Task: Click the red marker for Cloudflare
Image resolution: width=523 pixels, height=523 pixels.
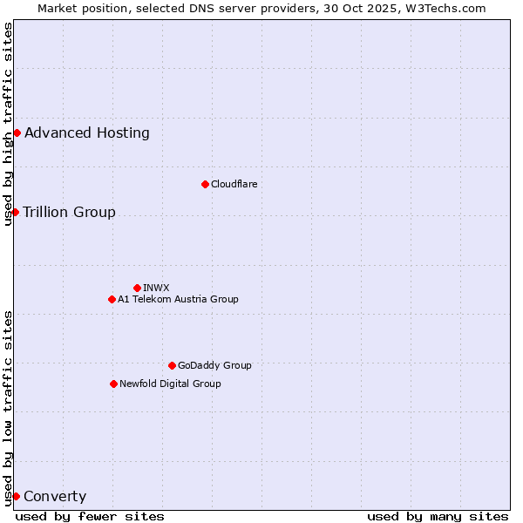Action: coord(205,184)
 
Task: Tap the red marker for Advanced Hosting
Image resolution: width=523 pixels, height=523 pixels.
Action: coord(17,132)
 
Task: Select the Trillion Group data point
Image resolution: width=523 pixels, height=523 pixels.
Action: coord(15,212)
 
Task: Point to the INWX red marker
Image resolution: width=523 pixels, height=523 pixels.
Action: coord(137,288)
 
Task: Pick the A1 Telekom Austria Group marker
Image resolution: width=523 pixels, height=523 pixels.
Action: coord(112,299)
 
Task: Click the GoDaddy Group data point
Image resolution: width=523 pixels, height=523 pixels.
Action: coord(172,365)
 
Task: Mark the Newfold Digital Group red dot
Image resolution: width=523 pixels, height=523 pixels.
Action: coord(113,384)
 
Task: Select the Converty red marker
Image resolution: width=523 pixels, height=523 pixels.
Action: coord(16,496)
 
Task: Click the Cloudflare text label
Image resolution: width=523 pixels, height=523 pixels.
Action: coord(234,184)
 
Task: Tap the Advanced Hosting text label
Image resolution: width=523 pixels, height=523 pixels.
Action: coord(87,132)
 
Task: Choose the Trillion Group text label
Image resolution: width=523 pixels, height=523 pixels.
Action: coord(69,212)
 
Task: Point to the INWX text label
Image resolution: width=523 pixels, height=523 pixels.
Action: coord(156,288)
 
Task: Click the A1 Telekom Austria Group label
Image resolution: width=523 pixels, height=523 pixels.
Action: coord(178,299)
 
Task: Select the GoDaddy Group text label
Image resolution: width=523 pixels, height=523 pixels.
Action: coord(214,365)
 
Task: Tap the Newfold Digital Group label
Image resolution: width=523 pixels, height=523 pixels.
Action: coord(170,384)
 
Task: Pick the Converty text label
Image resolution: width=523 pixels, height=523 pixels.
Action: coord(55,497)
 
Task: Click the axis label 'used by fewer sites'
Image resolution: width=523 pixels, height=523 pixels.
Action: coord(90,516)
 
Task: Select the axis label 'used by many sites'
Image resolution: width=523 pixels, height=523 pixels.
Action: coord(438,516)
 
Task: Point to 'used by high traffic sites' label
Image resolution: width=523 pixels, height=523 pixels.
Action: coord(8,124)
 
